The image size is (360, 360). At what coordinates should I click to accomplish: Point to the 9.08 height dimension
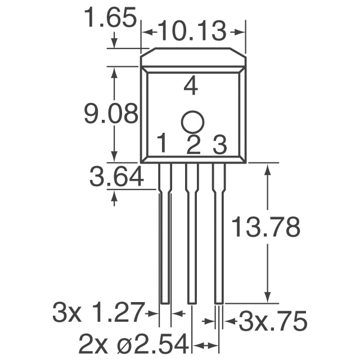[x=111, y=115]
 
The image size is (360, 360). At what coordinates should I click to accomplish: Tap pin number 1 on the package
[x=161, y=145]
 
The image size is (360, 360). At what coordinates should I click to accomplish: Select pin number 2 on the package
[x=193, y=145]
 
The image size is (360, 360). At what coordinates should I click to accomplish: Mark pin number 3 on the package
[x=219, y=145]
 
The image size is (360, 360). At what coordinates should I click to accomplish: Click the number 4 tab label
[x=191, y=87]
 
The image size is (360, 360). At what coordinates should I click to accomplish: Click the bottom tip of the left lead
[x=164, y=301]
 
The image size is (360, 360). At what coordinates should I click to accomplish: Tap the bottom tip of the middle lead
[x=192, y=301]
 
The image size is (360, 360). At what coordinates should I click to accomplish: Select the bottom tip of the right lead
[x=219, y=301]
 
